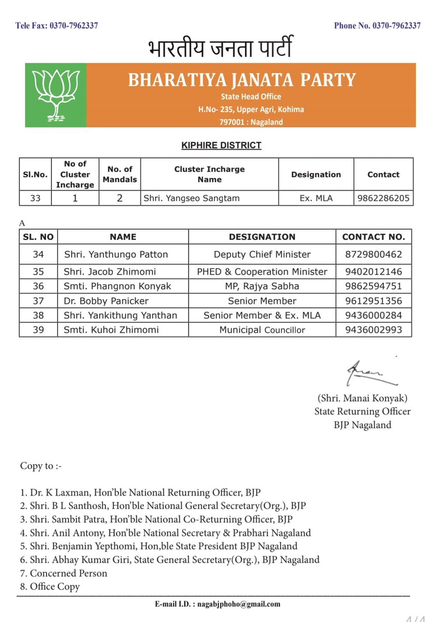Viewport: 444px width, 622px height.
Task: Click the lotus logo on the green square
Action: point(55,95)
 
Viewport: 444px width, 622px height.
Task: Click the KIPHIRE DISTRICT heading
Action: point(221,146)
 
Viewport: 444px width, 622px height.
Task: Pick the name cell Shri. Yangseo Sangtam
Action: point(189,198)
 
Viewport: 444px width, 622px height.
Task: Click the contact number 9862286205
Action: point(383,198)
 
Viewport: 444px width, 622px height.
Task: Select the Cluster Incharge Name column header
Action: point(209,174)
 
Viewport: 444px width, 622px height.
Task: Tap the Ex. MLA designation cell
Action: point(316,198)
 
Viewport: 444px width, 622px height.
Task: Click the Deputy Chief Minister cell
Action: point(262,255)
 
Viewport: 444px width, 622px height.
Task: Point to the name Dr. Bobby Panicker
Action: point(106,301)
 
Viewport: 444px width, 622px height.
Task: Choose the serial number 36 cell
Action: point(38,286)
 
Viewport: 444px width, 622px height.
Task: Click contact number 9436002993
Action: point(374,330)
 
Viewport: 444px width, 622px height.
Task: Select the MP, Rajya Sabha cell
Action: point(262,286)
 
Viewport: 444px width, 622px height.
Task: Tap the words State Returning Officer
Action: point(362,412)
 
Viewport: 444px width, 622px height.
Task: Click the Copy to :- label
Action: point(41,466)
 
